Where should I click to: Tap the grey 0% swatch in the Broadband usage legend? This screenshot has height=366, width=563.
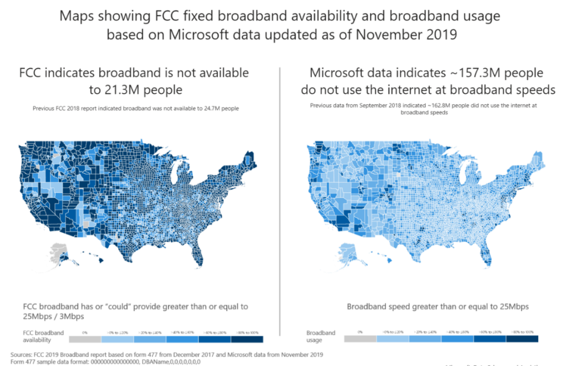coord(360,339)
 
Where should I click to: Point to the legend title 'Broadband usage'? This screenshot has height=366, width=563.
coord(321,336)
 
